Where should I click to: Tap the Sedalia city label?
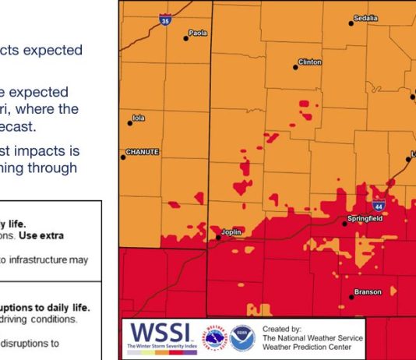pyautogui.click(x=365, y=17)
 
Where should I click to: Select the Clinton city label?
pyautogui.click(x=309, y=62)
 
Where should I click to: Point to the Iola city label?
pyautogui.click(x=139, y=118)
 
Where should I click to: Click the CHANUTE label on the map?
pyautogui.click(x=143, y=152)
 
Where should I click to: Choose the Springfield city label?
pyautogui.click(x=365, y=220)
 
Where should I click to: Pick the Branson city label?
pyautogui.click(x=367, y=293)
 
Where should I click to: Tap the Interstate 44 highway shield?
pyautogui.click(x=378, y=206)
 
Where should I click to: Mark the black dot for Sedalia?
pyautogui.click(x=351, y=23)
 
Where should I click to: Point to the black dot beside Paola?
pyautogui.click(x=186, y=37)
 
